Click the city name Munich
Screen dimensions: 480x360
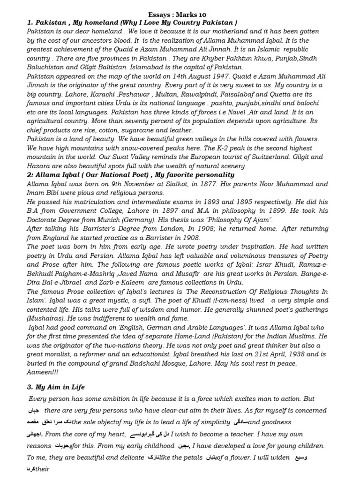click(115, 220)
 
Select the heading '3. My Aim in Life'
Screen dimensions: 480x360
click(56, 387)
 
